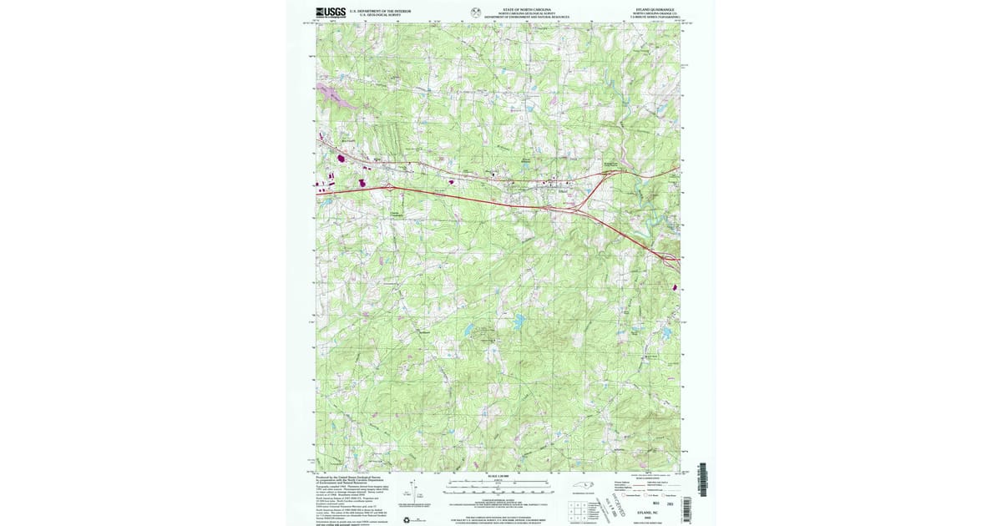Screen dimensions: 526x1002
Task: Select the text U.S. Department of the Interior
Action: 382,11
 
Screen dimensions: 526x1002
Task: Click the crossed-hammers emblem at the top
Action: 476,12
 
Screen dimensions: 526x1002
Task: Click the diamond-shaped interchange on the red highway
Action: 390,190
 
